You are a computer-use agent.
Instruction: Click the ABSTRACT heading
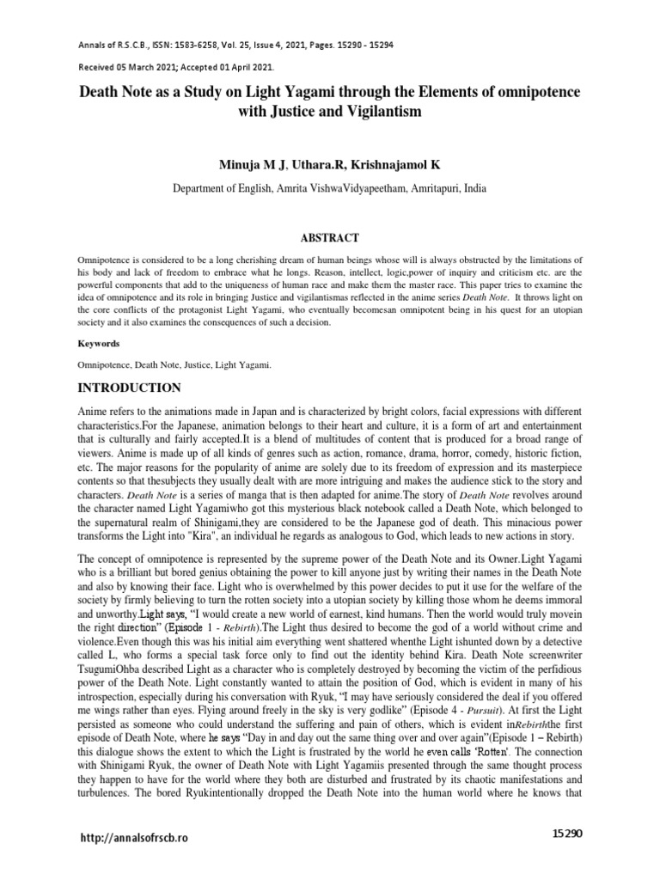[330, 237]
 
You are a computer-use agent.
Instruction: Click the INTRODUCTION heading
[130, 388]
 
